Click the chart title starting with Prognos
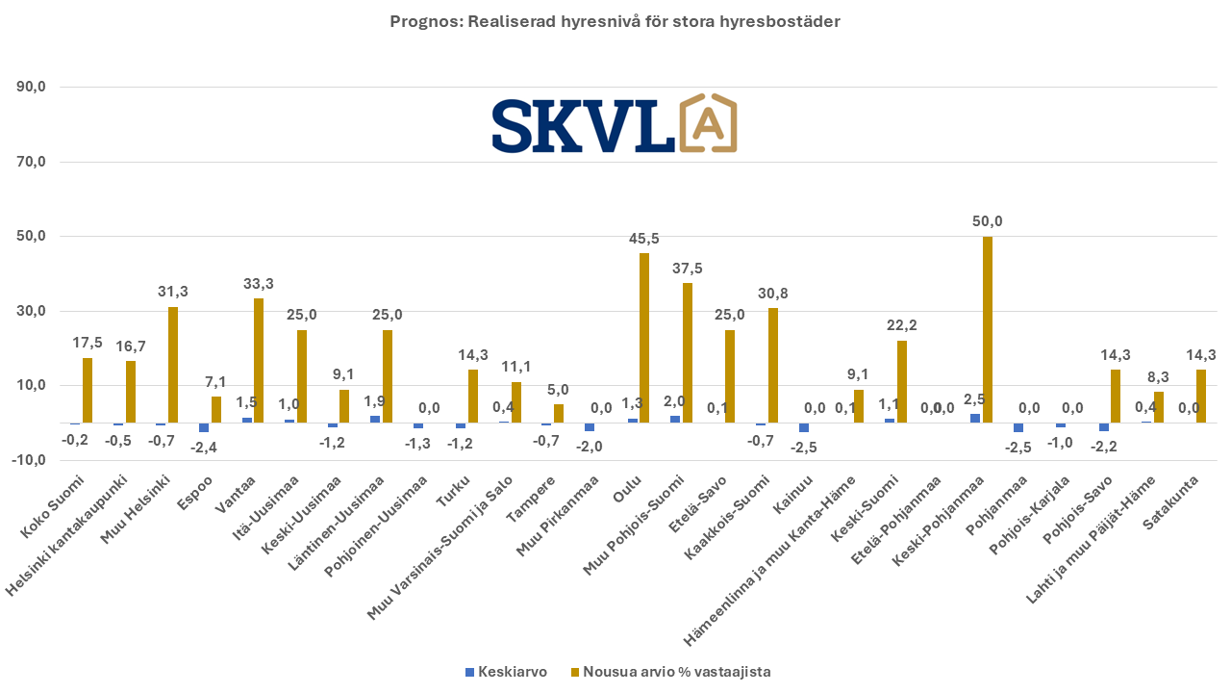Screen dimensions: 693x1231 [615, 21]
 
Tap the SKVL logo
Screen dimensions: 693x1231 [615, 124]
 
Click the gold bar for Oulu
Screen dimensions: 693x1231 [644, 338]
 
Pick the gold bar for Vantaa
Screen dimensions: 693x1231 [259, 360]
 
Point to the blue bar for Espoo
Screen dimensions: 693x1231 [204, 427]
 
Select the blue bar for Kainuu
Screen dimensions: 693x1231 [804, 427]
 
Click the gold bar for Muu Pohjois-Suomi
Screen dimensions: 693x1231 [688, 352]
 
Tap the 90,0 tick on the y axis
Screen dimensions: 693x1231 [32, 88]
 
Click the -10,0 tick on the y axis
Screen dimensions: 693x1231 [30, 460]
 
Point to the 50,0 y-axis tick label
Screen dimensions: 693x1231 [32, 237]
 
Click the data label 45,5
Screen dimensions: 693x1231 [644, 239]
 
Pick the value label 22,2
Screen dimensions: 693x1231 [901, 325]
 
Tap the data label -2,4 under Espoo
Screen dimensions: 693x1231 [204, 447]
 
